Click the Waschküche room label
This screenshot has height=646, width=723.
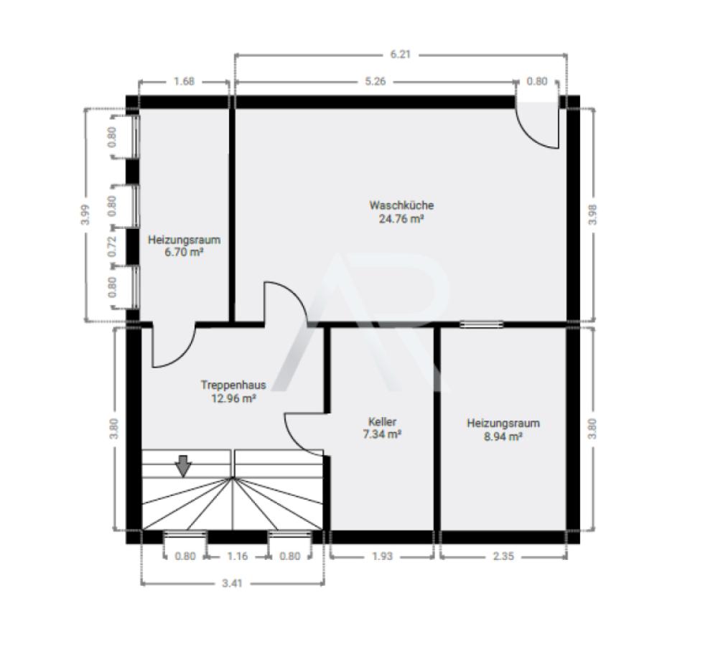point(401,205)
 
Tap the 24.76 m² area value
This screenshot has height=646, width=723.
point(401,218)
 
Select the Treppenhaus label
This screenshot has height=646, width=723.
point(233,385)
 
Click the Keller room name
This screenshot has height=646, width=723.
point(382,421)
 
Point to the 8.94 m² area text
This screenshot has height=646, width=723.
point(503,436)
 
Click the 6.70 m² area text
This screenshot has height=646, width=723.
point(184,253)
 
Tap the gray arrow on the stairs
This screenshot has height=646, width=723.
point(184,466)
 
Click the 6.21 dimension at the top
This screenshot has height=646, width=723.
point(400,55)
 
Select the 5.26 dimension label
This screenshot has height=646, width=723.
point(376,82)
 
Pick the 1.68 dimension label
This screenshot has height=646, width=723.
point(184,82)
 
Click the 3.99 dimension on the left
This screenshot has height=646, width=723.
point(86,215)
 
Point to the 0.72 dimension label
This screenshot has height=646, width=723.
point(111,247)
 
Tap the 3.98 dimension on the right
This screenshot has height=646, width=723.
point(593,215)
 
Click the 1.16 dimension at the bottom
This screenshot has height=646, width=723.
point(238,556)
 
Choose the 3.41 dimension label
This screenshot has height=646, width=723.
point(232,584)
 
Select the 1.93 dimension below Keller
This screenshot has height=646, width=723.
point(382,556)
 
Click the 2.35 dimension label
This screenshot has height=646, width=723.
point(503,556)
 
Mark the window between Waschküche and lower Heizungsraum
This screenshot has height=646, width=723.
point(481,324)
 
